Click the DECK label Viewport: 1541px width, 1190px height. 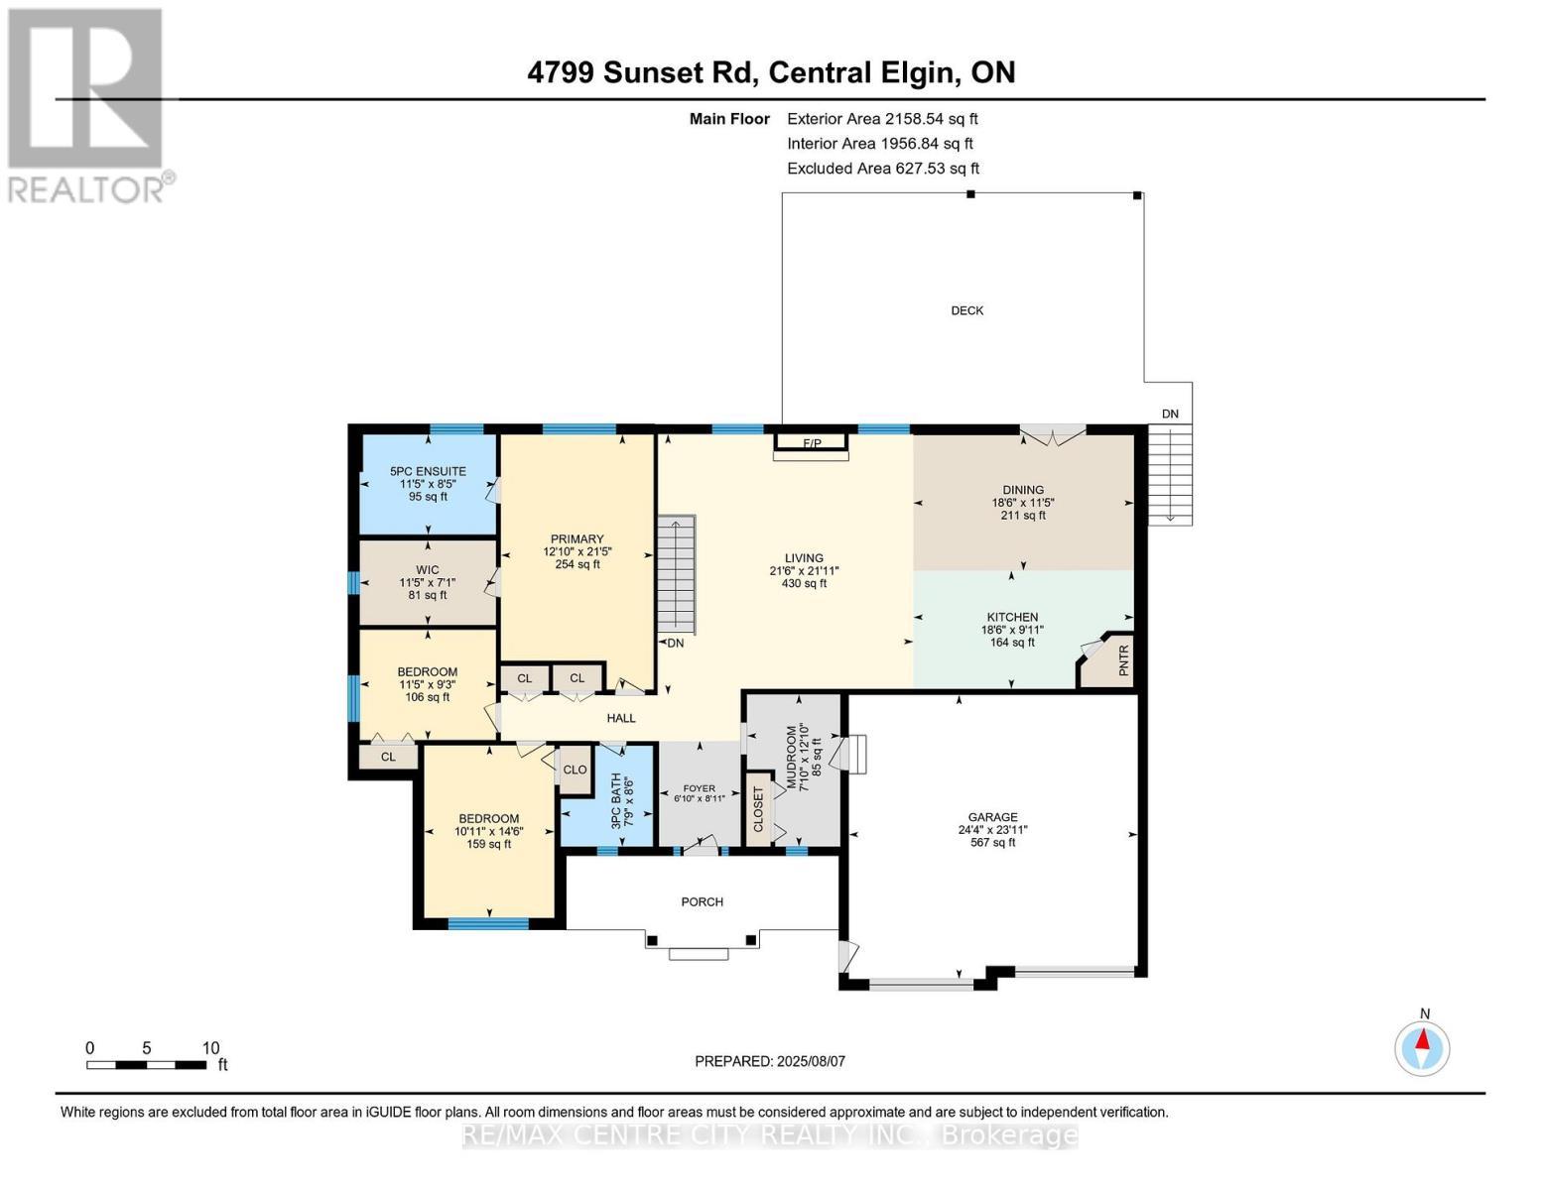coord(966,310)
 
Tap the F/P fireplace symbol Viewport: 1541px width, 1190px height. coord(812,443)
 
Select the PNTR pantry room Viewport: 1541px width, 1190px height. coord(1107,660)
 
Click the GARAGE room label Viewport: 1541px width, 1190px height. coord(993,817)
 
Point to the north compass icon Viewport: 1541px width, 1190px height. coord(1422,1048)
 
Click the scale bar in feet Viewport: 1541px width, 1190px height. coord(147,1064)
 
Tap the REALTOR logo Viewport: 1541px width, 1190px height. coord(86,105)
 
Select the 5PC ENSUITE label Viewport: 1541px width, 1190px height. coord(428,471)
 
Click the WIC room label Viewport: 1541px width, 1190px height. coord(428,570)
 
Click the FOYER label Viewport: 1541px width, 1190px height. coord(700,788)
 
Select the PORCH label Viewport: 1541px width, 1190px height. coord(703,901)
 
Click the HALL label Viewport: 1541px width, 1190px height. coord(621,718)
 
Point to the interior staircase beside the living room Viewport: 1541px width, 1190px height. coord(676,575)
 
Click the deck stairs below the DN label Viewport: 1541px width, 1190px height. coord(1170,476)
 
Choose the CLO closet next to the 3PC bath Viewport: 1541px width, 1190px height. coord(576,770)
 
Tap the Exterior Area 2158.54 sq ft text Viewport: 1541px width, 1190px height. coord(882,119)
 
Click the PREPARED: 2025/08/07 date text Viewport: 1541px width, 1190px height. coord(770,1061)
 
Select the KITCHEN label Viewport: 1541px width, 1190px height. coord(1012,618)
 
